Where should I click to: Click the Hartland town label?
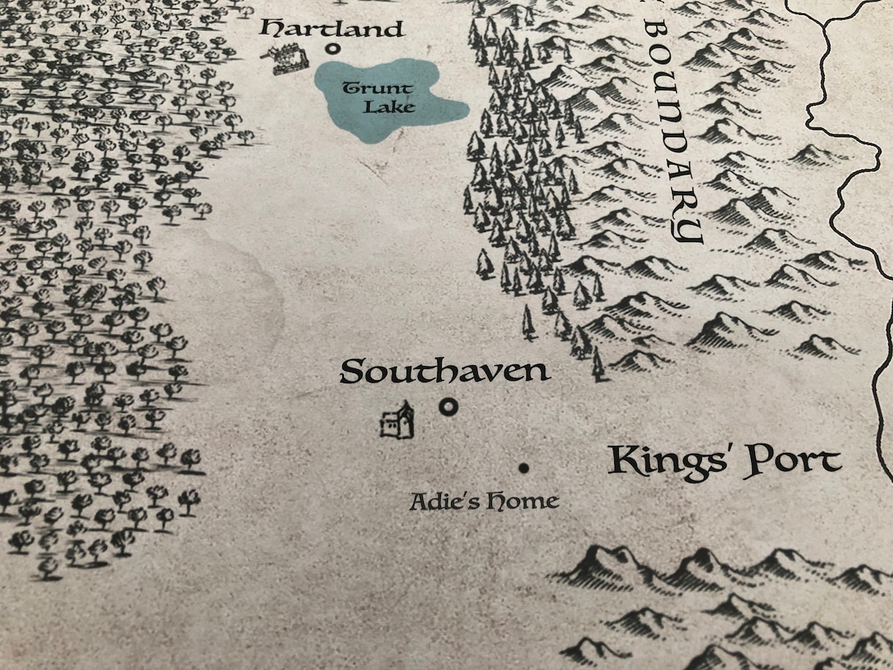333,30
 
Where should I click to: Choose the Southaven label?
444,371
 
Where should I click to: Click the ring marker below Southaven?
448,407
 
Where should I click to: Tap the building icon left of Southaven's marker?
397,422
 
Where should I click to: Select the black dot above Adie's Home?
523,469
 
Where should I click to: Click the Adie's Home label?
484,500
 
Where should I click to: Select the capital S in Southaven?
355,371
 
